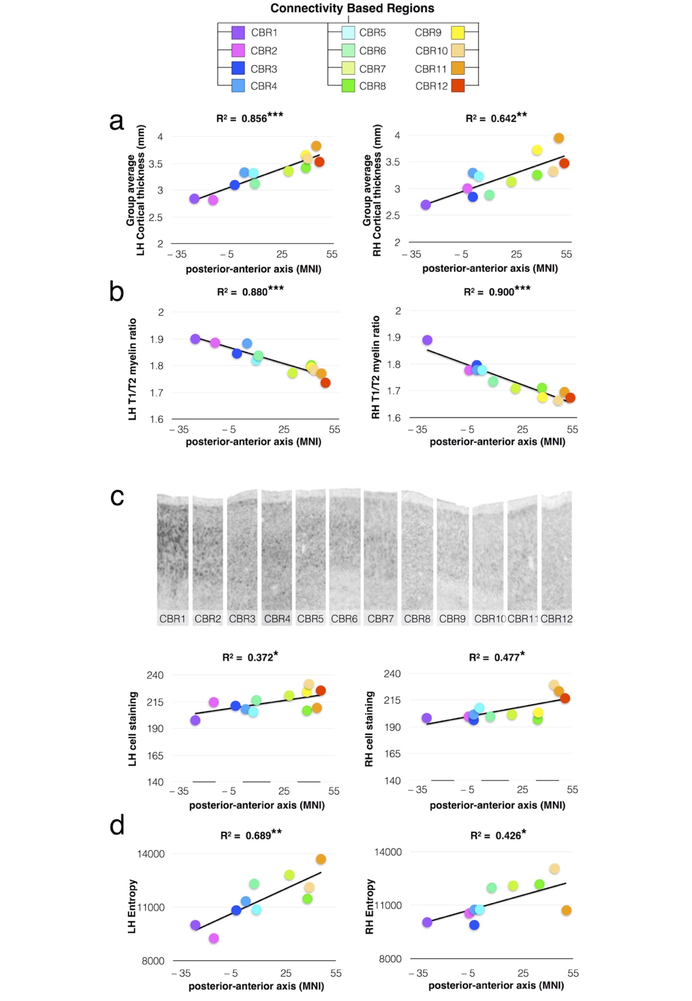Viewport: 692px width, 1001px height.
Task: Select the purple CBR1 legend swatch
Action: coord(238,32)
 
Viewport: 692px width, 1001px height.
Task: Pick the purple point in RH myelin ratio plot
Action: coord(427,340)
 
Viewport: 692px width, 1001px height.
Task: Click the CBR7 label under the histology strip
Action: coord(380,619)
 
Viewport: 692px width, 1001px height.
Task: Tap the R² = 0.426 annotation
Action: coord(498,835)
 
